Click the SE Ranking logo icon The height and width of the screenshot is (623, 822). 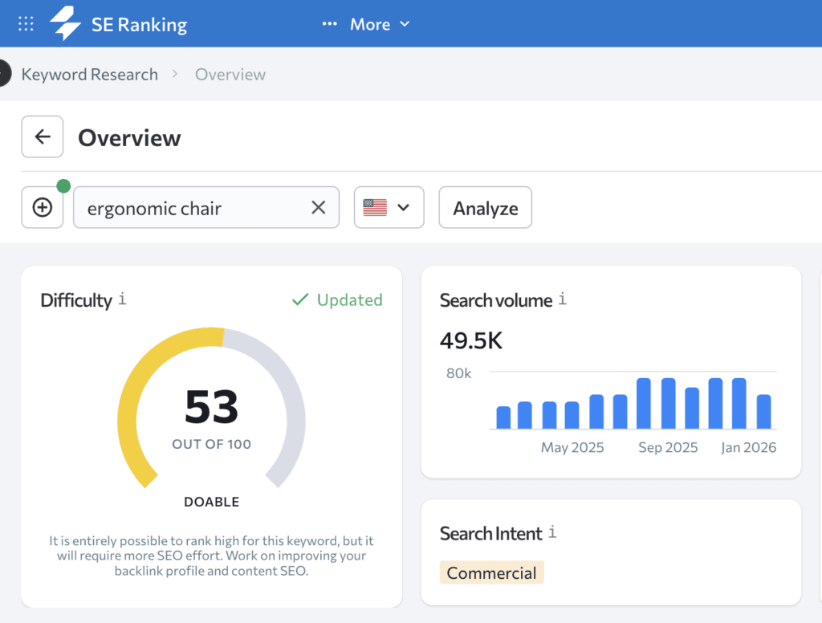66,24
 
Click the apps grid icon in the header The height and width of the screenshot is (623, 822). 26,24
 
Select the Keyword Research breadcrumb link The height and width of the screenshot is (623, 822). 89,75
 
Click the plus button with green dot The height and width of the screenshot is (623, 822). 43,208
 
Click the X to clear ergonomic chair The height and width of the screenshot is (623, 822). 319,208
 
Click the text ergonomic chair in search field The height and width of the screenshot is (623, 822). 154,209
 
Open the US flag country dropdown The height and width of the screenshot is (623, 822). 389,208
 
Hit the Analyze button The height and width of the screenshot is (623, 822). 485,208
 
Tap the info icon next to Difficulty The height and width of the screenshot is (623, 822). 122,299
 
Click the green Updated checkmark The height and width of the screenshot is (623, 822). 300,299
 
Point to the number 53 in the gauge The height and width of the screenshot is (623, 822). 211,407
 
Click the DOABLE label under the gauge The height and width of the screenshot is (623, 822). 211,502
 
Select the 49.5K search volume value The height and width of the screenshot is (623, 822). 470,340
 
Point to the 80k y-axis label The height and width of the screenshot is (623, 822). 458,373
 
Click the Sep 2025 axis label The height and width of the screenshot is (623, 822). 668,447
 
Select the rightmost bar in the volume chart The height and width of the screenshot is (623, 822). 763,412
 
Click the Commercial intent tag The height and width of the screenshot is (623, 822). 491,572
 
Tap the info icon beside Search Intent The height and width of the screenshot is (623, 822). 552,532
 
